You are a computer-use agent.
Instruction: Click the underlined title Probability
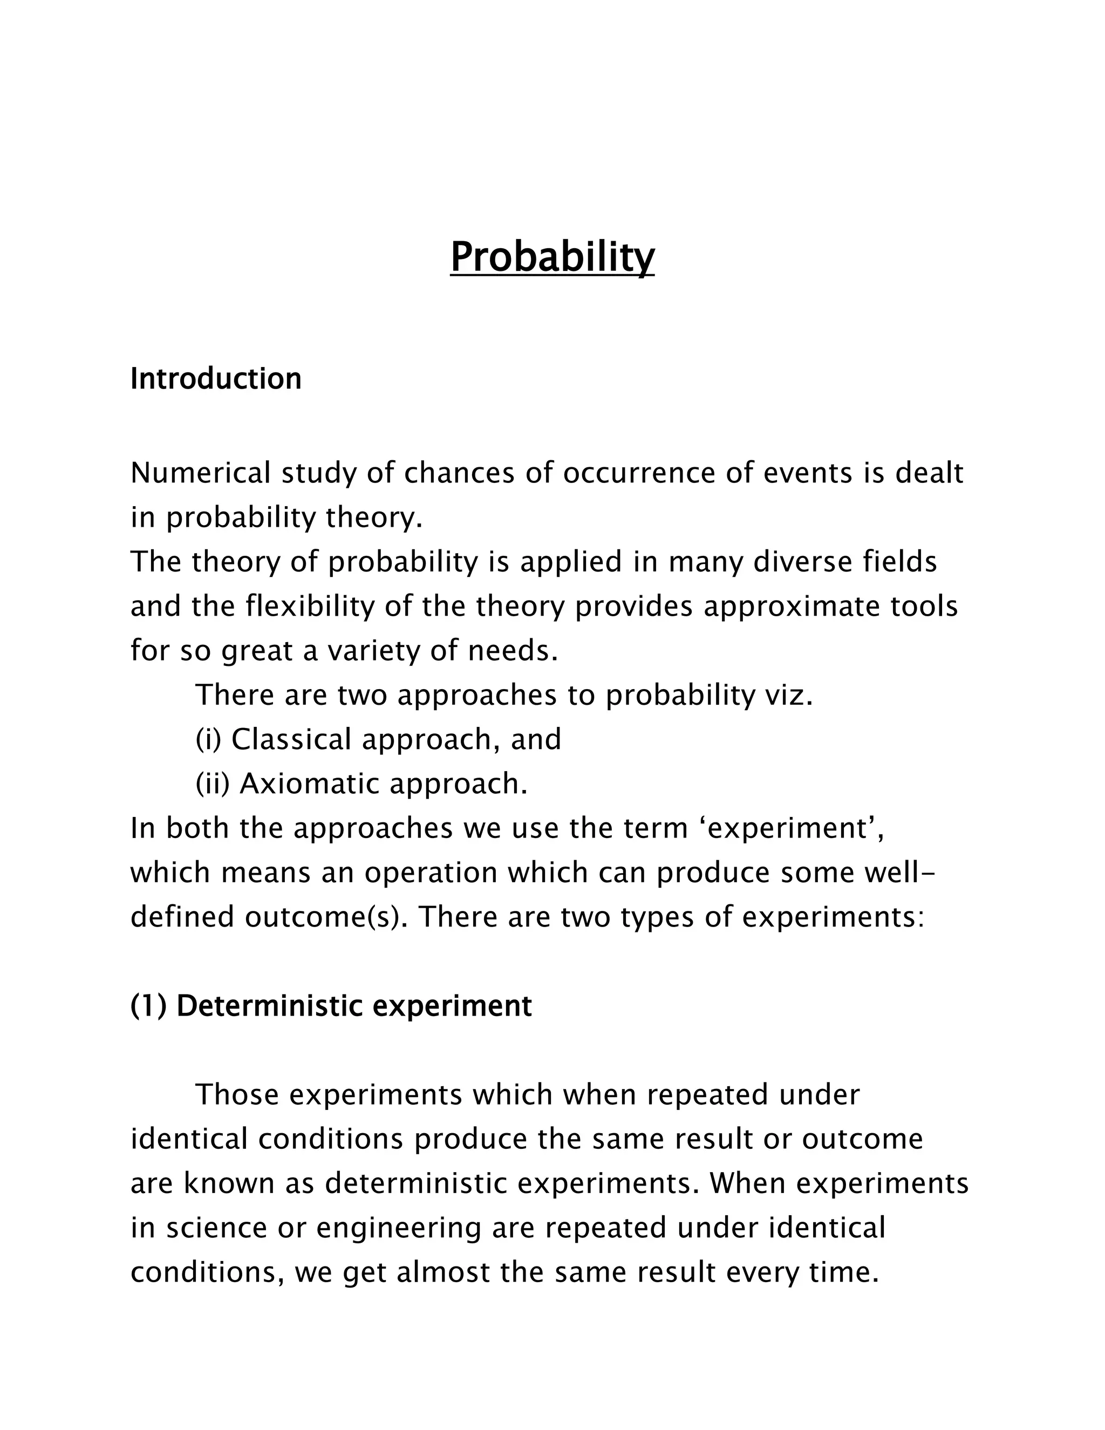pos(552,257)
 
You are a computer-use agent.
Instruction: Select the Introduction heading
pos(216,379)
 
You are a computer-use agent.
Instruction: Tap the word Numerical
pos(200,473)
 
